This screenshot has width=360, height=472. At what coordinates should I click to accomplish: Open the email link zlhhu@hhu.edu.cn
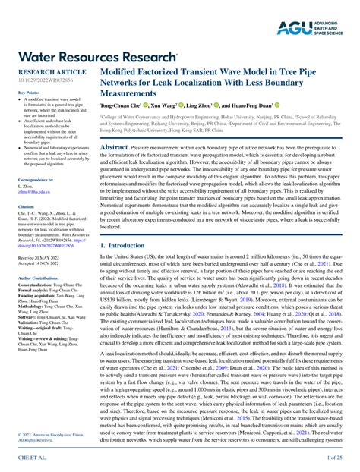33,191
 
